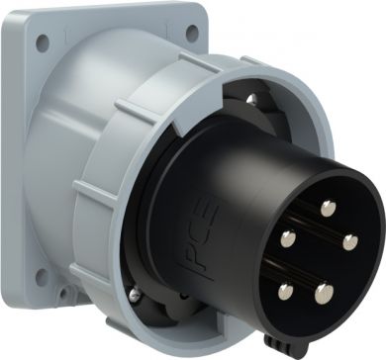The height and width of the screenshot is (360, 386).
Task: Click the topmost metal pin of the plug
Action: (329, 209)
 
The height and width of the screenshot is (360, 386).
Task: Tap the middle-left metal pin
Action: (288, 239)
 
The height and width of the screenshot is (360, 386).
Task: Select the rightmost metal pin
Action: (350, 242)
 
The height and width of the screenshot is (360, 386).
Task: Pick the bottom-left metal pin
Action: (286, 292)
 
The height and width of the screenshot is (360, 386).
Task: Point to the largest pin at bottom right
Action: (324, 294)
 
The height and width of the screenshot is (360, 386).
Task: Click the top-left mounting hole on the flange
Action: (43, 44)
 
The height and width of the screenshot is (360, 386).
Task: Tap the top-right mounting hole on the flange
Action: (192, 33)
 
